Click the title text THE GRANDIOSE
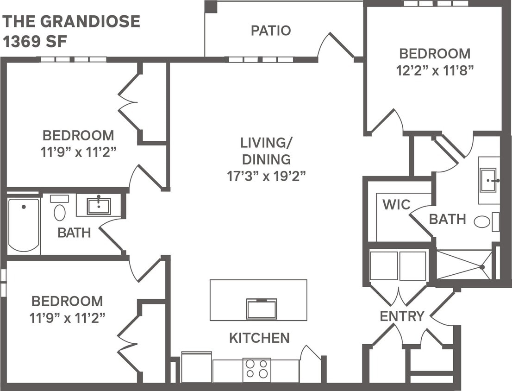coord(72,21)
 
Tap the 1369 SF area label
coord(35,42)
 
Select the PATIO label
coord(271,31)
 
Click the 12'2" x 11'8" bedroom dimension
coord(434,70)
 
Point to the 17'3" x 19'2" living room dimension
coord(266,176)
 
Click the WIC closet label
coord(396,204)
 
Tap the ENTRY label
coord(402,316)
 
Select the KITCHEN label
coord(259,338)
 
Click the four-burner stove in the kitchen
coord(257,369)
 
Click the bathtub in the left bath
coord(23,225)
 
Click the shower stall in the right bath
coord(464,265)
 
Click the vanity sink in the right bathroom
coord(488,180)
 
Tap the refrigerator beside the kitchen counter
coord(196,367)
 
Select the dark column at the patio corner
coord(211,7)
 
